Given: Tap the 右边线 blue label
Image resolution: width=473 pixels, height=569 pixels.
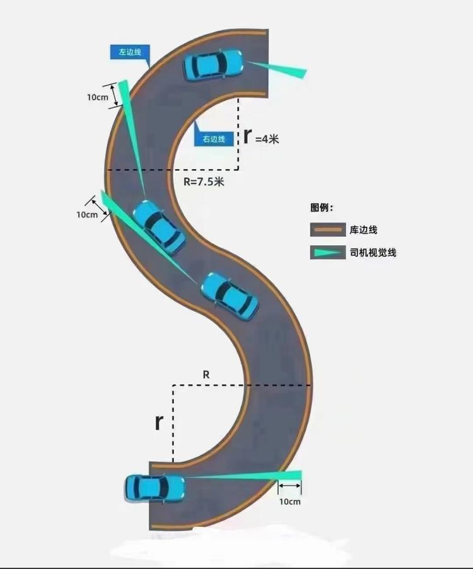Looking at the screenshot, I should point(214,139).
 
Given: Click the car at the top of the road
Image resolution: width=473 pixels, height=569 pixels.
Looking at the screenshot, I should point(213,64).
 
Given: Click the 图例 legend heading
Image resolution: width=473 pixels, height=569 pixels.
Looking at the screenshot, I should point(322,208).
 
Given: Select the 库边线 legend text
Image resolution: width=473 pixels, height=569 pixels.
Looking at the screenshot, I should point(363,230).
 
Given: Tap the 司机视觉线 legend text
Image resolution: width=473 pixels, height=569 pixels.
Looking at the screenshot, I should point(373,253).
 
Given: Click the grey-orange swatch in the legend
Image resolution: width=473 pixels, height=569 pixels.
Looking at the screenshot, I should point(327,230).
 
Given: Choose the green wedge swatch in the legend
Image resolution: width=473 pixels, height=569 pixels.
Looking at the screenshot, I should point(327,253).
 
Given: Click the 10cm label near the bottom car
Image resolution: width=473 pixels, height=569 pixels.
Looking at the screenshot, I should point(289,502).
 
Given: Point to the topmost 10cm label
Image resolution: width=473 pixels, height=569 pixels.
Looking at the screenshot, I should point(98,98).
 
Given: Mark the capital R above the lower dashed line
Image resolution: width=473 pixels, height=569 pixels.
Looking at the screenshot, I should point(206,374).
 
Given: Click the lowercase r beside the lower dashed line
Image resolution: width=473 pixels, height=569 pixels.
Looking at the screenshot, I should point(160,423).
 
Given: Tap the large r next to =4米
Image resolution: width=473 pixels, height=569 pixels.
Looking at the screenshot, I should point(248,135).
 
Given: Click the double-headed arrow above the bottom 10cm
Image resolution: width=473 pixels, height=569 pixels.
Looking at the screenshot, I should point(290,486).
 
